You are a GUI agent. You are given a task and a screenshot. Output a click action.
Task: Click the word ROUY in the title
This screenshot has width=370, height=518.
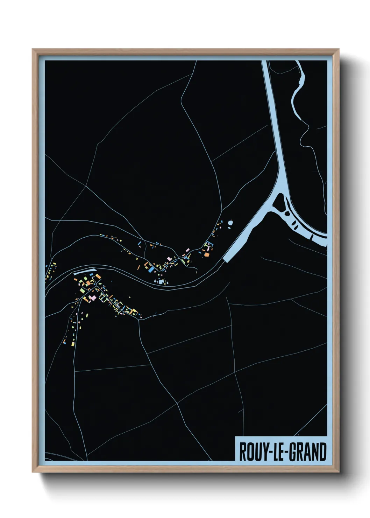pyautogui.click(x=251, y=452)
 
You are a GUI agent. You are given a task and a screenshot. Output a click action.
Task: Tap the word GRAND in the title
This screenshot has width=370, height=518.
pyautogui.click(x=307, y=452)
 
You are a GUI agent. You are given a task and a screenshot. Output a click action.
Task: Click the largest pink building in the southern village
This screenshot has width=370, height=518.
pyautogui.click(x=92, y=298)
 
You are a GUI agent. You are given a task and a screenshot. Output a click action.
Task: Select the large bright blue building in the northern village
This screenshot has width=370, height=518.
pyautogui.click(x=151, y=269)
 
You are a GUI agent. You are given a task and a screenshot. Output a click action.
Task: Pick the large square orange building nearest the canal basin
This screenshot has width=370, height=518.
pyautogui.click(x=207, y=254)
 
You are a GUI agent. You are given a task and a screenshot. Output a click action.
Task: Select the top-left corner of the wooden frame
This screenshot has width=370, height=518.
pyautogui.click(x=33, y=50)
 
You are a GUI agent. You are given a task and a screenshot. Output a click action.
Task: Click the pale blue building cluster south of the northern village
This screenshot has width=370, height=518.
pyautogui.click(x=161, y=281)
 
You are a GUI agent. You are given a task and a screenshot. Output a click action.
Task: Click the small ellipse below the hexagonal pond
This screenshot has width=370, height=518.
pyautogui.click(x=229, y=228)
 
